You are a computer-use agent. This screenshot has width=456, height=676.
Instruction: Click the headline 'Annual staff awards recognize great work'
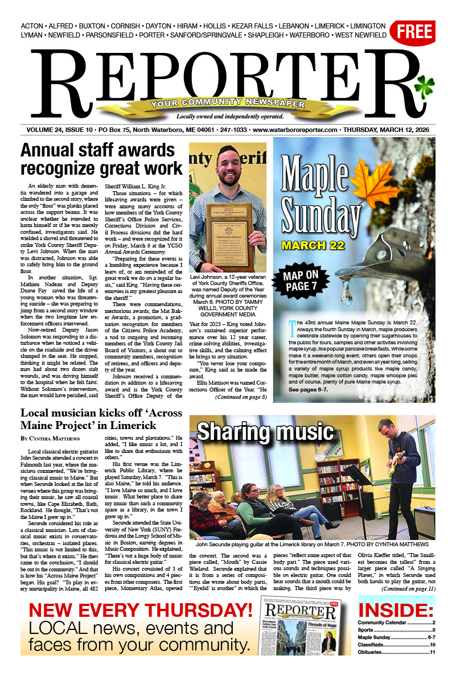(101, 160)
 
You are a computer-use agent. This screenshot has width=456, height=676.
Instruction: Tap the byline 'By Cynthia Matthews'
(50, 439)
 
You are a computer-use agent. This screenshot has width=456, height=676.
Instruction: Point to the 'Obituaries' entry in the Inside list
(396, 652)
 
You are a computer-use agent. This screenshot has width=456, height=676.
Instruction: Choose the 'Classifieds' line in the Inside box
(396, 645)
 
